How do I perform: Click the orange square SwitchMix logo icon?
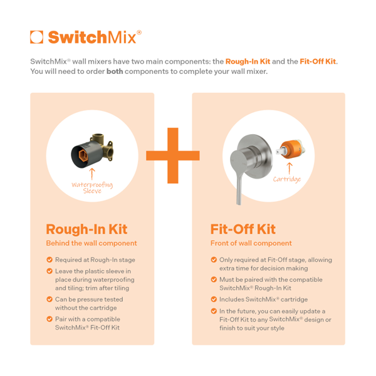pos(37,37)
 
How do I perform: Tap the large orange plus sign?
pos(173,155)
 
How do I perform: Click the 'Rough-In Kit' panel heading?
pos(86,229)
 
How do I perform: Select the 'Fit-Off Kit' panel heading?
pos(243,229)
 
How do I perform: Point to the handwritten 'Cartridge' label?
pos(287,179)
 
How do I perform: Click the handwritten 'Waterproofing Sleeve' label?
pos(92,187)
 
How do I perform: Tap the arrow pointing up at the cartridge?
pos(290,169)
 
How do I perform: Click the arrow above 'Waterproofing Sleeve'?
pos(92,174)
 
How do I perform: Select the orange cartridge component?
pos(291,149)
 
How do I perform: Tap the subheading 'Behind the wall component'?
pos(91,243)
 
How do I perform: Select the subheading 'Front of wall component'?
pos(251,243)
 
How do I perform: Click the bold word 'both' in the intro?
pos(115,71)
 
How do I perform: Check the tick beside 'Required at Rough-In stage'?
pos(50,259)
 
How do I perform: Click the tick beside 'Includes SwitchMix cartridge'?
pos(214,300)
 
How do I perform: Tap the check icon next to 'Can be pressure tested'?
pos(50,300)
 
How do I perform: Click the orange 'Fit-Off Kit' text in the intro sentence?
pos(318,61)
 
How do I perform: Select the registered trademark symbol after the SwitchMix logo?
pos(139,33)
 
